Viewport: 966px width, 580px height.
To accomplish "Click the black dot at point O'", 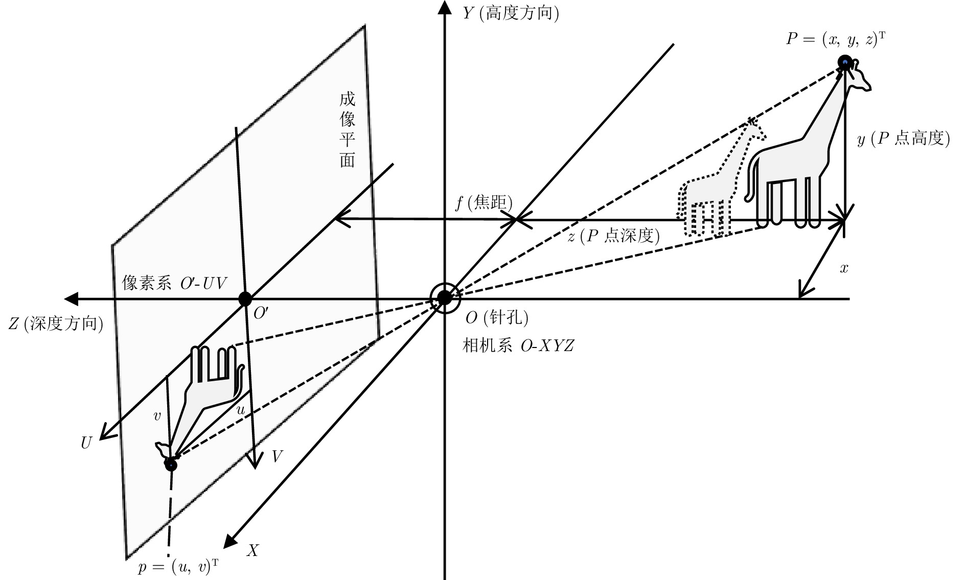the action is point(245,298).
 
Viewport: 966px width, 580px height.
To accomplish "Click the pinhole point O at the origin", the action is point(444,297).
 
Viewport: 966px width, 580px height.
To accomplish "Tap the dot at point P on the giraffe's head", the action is point(844,62).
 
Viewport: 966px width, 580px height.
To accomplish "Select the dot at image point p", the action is point(171,465).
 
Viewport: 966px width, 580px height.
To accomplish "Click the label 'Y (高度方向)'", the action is point(511,13).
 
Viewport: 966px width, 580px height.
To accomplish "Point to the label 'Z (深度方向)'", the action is point(56,324).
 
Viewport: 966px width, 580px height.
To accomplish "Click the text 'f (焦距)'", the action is point(484,203).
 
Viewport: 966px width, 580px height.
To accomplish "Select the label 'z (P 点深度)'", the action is point(614,236).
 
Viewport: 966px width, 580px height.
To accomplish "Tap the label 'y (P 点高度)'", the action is point(904,139).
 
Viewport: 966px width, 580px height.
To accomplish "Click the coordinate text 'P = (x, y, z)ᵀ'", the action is point(835,39).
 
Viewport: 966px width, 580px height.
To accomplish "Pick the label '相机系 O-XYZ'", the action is point(518,346).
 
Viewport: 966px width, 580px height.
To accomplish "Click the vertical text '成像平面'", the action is point(348,130).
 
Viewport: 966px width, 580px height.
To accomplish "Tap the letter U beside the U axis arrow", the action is point(86,443).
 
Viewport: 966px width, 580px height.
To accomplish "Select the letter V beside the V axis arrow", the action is point(277,456).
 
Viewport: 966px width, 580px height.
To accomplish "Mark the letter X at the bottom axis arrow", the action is point(253,550).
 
